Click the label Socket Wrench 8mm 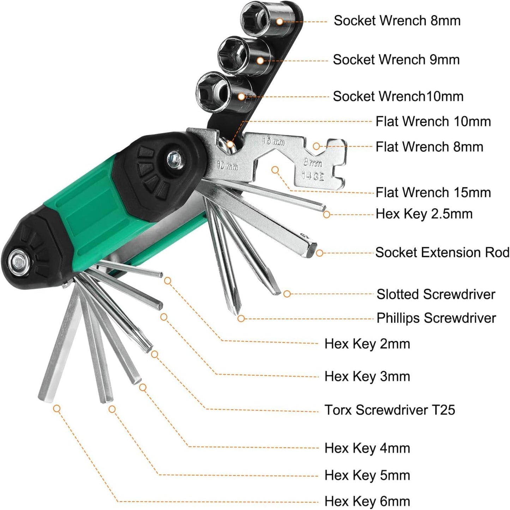(x=397, y=21)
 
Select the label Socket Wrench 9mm (x=396, y=60)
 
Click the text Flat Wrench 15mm (x=433, y=192)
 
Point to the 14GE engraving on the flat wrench (x=313, y=175)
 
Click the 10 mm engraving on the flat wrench (x=227, y=165)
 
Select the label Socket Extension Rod (x=442, y=253)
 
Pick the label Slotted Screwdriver (x=436, y=294)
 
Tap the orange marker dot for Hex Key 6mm (x=56, y=409)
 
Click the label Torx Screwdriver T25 (x=390, y=410)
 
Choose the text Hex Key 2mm (x=367, y=344)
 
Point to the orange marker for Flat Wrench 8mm (x=317, y=146)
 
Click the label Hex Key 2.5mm (x=424, y=214)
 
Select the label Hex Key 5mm (x=367, y=475)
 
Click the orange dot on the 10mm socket (x=241, y=96)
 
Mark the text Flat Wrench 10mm (x=433, y=122)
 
